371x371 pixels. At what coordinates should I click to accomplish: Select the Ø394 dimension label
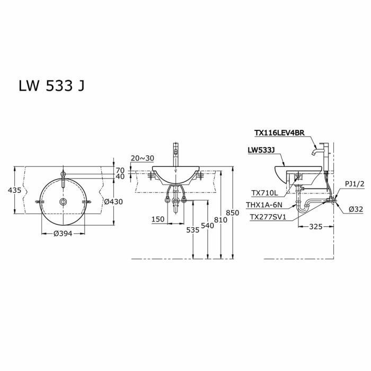click(63, 234)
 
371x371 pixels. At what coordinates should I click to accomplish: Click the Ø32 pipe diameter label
click(356, 209)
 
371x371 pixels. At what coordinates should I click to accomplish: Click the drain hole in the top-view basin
click(63, 202)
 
